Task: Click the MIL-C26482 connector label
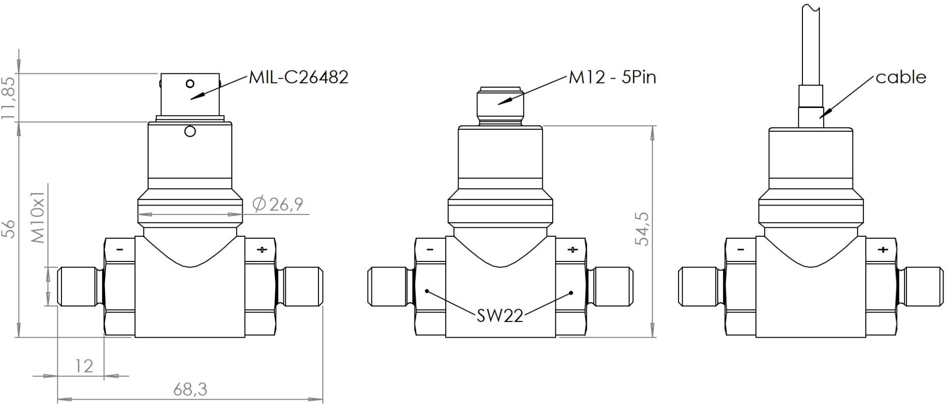(x=298, y=77)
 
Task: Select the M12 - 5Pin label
(x=612, y=77)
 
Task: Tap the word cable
(x=900, y=77)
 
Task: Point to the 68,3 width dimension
(x=190, y=390)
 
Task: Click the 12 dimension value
(x=84, y=366)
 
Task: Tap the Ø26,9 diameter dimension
(x=277, y=204)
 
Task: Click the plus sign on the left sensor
(x=262, y=250)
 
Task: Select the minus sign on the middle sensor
(x=429, y=250)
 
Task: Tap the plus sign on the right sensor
(x=882, y=250)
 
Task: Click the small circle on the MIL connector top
(x=189, y=83)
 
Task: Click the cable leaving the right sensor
(x=811, y=50)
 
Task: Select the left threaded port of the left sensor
(x=79, y=286)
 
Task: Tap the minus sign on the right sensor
(x=740, y=250)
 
